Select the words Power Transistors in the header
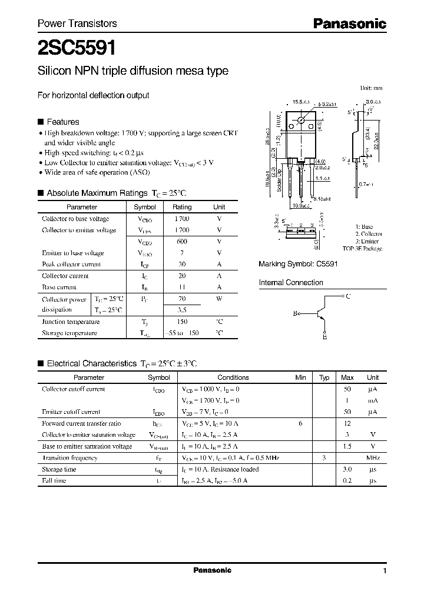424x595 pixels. click(77, 24)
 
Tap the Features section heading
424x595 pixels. click(62, 122)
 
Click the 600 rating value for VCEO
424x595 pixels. click(182, 242)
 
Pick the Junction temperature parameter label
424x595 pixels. click(71, 322)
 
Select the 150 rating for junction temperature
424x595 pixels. click(182, 322)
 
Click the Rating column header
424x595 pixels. click(182, 207)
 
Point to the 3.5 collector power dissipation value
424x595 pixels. click(182, 310)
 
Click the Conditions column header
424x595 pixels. click(233, 377)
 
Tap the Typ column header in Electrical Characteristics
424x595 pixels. click(324, 377)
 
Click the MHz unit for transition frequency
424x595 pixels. click(373, 457)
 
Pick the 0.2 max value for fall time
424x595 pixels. click(347, 480)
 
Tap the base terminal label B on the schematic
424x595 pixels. click(296, 313)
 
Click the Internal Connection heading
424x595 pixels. click(291, 283)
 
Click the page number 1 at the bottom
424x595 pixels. click(384, 571)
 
